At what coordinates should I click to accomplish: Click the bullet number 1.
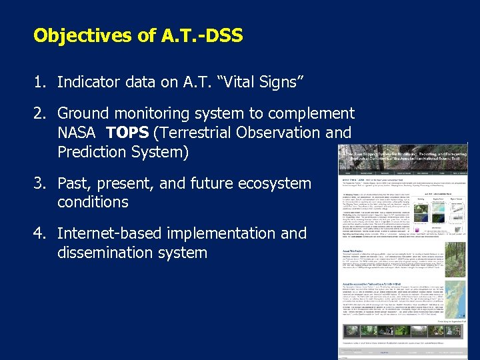click(39, 82)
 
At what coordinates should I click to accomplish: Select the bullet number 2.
click(39, 113)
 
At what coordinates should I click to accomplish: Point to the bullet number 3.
click(39, 183)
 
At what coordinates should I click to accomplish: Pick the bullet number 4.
click(39, 233)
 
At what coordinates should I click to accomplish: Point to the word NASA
click(77, 133)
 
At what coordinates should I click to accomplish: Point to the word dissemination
click(103, 253)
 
